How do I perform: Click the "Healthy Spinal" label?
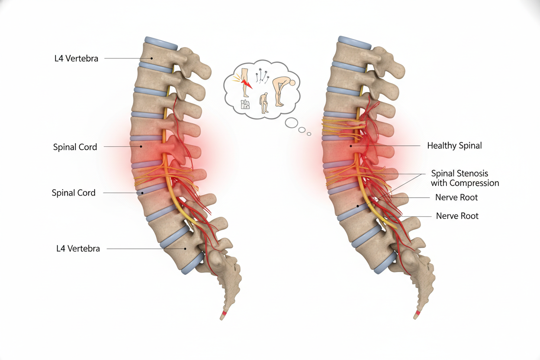[x=454, y=146]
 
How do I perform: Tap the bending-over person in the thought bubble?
[x=284, y=92]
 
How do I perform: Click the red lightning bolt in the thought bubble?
[x=247, y=84]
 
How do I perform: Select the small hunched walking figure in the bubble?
[x=264, y=103]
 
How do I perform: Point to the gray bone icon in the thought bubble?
[x=245, y=104]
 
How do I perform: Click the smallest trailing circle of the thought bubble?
[x=309, y=134]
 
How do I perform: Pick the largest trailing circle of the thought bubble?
[x=292, y=123]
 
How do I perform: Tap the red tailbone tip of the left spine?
[x=224, y=314]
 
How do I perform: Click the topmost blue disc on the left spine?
[x=161, y=43]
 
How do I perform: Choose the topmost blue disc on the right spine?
[x=354, y=43]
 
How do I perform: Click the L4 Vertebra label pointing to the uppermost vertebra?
[x=76, y=58]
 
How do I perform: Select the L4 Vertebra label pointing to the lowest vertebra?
[x=78, y=249]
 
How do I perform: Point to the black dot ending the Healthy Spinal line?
[x=351, y=146]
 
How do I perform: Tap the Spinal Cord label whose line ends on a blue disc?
[x=74, y=193]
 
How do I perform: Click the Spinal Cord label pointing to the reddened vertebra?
[x=75, y=147]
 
